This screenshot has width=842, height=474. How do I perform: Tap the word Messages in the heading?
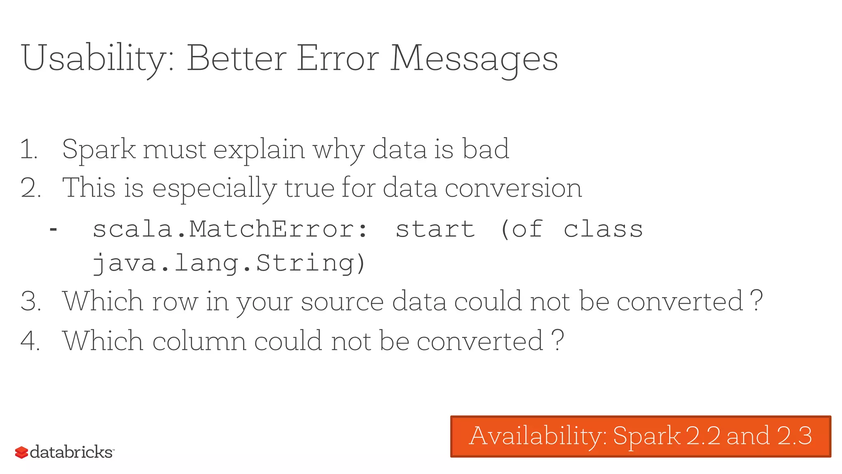click(474, 58)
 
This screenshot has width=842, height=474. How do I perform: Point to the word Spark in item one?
click(99, 149)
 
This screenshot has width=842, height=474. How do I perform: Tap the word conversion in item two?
click(513, 188)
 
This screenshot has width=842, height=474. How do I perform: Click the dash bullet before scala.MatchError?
click(53, 229)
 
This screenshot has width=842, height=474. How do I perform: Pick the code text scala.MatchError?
click(230, 229)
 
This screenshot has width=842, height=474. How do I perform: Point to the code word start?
click(435, 229)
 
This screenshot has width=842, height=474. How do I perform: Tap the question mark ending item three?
click(756, 301)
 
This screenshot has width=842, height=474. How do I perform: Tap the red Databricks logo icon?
click(21, 452)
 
